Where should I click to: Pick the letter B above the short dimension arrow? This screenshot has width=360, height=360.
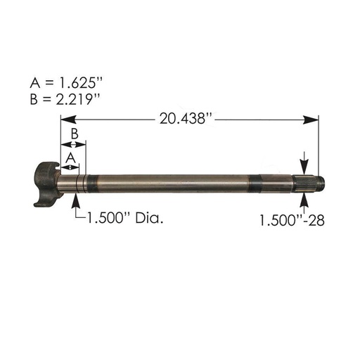click(73, 133)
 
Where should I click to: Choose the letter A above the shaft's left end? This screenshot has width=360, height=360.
click(70, 160)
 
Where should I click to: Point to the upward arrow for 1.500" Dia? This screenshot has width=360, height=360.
click(76, 202)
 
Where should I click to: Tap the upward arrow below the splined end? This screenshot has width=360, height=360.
click(304, 202)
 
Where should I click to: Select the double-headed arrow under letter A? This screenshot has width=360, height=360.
click(70, 167)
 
